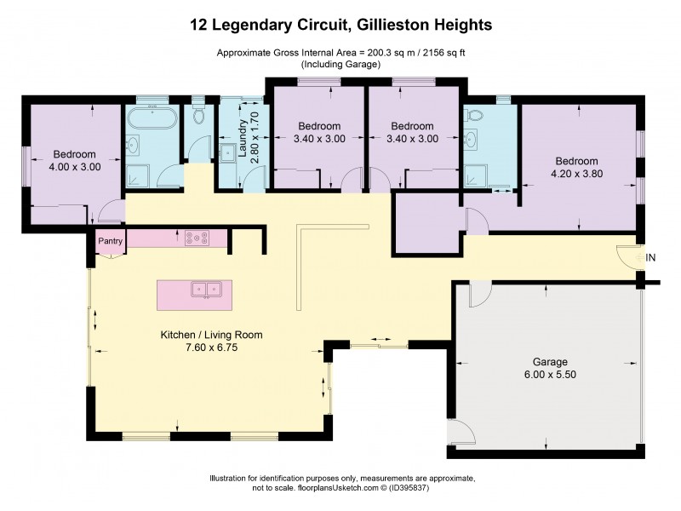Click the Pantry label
[111, 241]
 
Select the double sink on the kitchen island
[204, 290]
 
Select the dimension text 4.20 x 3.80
[576, 175]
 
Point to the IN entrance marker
[651, 258]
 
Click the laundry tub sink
[228, 154]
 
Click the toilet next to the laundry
[198, 116]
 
